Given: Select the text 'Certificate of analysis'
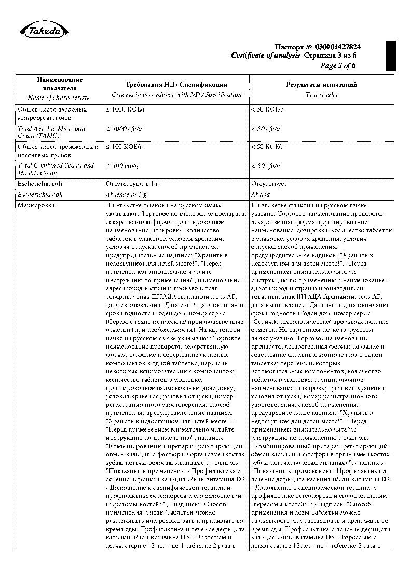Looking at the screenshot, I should point(266,56).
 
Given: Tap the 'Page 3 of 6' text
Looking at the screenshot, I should point(338,65).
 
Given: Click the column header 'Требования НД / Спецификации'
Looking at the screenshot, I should point(176,85).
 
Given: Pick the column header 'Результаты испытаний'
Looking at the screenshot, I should point(322,85).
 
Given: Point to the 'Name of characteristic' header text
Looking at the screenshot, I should point(60,97).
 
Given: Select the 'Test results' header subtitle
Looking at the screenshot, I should point(322,94).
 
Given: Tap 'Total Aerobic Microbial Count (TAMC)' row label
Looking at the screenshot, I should point(51,132).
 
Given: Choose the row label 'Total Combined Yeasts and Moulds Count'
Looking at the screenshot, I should point(56,169).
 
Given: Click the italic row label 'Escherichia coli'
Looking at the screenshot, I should point(40,195).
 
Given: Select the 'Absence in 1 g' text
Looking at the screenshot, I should point(126,195).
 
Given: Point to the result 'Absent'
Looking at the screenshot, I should point(260,195).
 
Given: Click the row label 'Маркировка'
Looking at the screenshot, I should point(36,205).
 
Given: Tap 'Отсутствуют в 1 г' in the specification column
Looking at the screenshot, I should point(131,184).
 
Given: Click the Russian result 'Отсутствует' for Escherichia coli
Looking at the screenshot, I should point(269,184).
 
